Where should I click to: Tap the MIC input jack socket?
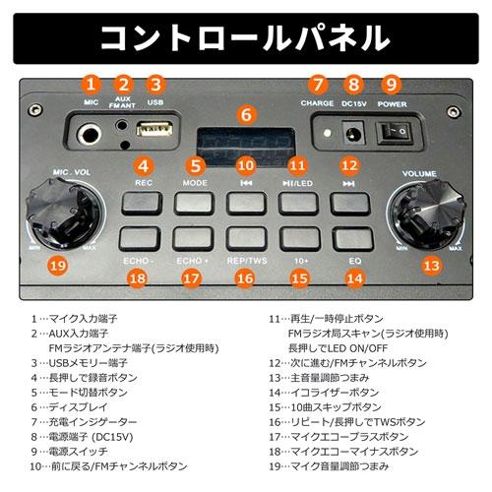tap(92, 133)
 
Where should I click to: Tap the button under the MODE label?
tap(194, 203)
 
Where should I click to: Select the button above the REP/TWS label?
tap(246, 238)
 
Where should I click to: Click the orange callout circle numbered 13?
tap(430, 265)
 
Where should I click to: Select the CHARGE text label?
tap(318, 102)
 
